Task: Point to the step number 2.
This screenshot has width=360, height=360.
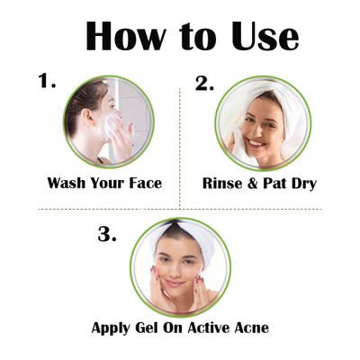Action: [205, 83]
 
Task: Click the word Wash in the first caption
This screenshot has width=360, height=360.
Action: [67, 183]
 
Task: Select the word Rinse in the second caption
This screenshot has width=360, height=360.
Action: [222, 183]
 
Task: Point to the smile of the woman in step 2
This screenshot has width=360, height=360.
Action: [255, 141]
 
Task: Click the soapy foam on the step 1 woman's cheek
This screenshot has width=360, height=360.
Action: [114, 125]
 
